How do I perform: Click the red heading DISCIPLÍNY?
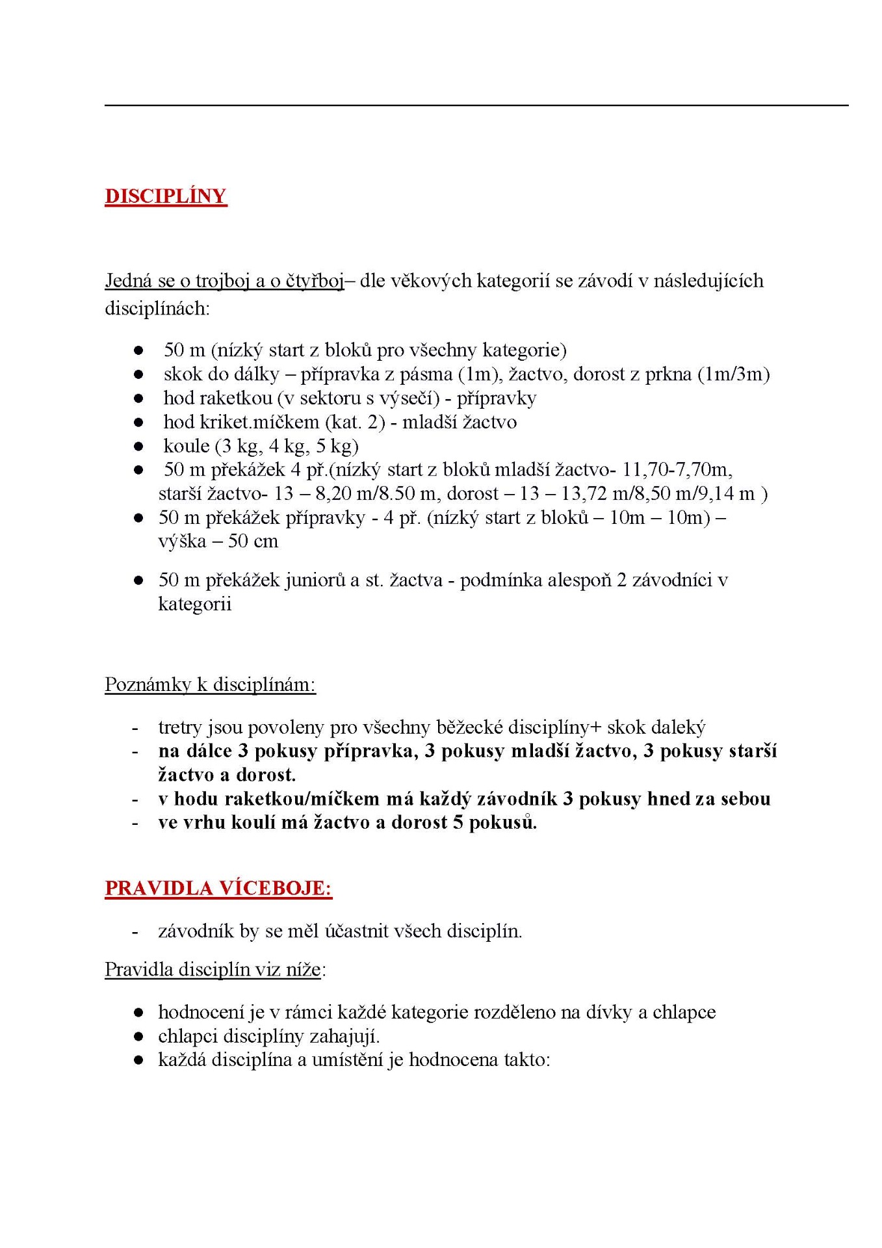point(166,196)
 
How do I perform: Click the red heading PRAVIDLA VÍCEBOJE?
point(218,889)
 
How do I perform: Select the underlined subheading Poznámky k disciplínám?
point(210,684)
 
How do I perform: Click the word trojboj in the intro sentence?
point(223,281)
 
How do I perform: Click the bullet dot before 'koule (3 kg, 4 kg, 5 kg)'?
point(138,447)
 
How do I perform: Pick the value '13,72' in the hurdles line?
point(584,493)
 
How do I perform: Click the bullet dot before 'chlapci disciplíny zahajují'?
point(138,1037)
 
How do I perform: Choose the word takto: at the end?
point(526,1060)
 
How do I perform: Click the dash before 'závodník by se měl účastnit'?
point(135,931)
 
